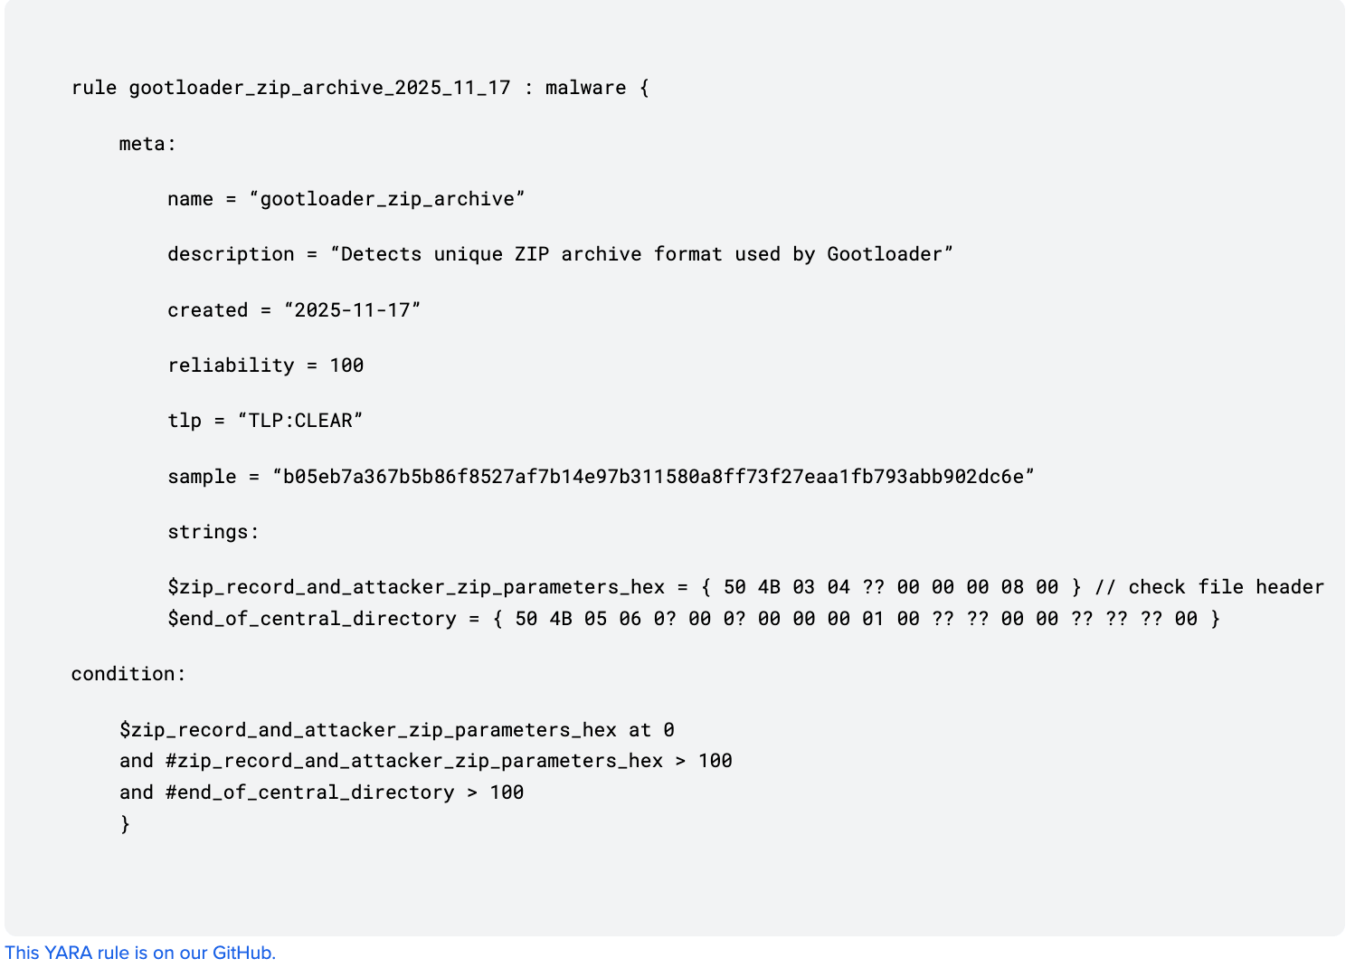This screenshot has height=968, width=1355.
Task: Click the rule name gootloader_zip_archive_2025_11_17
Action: (x=319, y=88)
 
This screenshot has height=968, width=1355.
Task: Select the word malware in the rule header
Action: (x=585, y=88)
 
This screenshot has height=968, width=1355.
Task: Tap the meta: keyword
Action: (x=147, y=144)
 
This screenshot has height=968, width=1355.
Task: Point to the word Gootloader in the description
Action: (x=884, y=254)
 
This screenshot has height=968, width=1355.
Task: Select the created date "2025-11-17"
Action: (x=353, y=310)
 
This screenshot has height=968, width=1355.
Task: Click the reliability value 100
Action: (x=346, y=365)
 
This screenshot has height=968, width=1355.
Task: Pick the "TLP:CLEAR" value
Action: (x=300, y=421)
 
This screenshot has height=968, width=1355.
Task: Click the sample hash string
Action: (x=653, y=477)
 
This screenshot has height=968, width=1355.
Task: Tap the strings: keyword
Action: (x=213, y=532)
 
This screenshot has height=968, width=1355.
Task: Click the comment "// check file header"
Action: (x=1208, y=587)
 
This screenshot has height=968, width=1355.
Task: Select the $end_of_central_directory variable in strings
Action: (x=312, y=619)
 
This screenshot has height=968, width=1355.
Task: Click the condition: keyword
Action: (x=128, y=674)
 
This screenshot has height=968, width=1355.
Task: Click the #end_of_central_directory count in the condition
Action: (x=309, y=792)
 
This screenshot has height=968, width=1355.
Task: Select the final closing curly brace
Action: (x=125, y=823)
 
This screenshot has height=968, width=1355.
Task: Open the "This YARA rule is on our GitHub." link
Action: (x=140, y=953)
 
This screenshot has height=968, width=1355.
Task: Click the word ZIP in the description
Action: (x=532, y=254)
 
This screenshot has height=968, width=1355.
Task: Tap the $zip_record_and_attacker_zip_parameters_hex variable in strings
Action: (x=416, y=587)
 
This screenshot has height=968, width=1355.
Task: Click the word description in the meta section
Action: (x=231, y=254)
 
